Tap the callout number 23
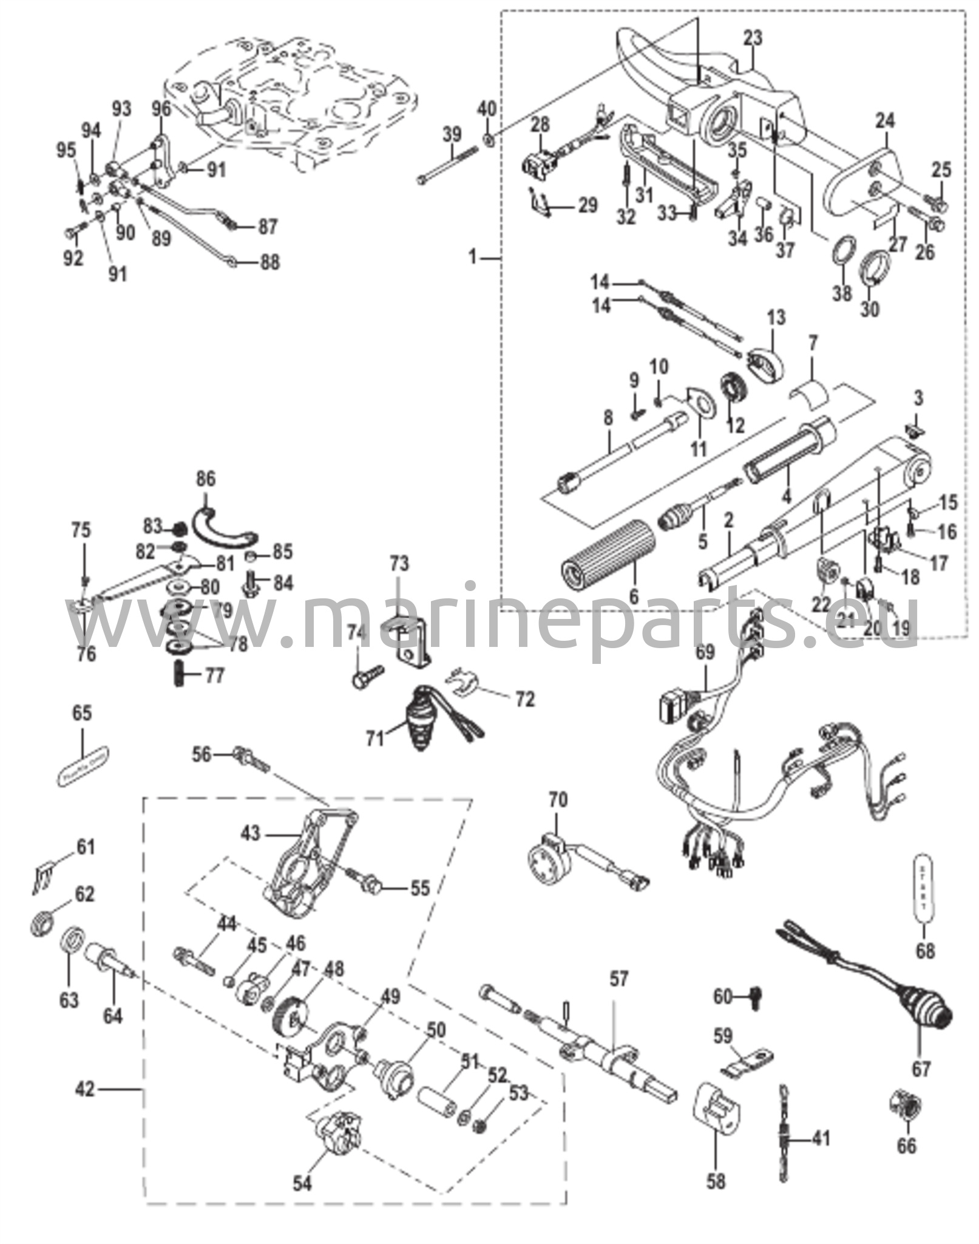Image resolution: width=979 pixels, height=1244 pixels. (752, 38)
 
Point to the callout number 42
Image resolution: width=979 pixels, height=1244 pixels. (86, 1089)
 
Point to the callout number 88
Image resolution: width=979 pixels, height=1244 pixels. (270, 262)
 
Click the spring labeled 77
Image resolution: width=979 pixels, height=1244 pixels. (180, 674)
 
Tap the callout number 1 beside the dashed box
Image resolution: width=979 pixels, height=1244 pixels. (473, 258)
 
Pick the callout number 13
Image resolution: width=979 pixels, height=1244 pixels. (776, 317)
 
